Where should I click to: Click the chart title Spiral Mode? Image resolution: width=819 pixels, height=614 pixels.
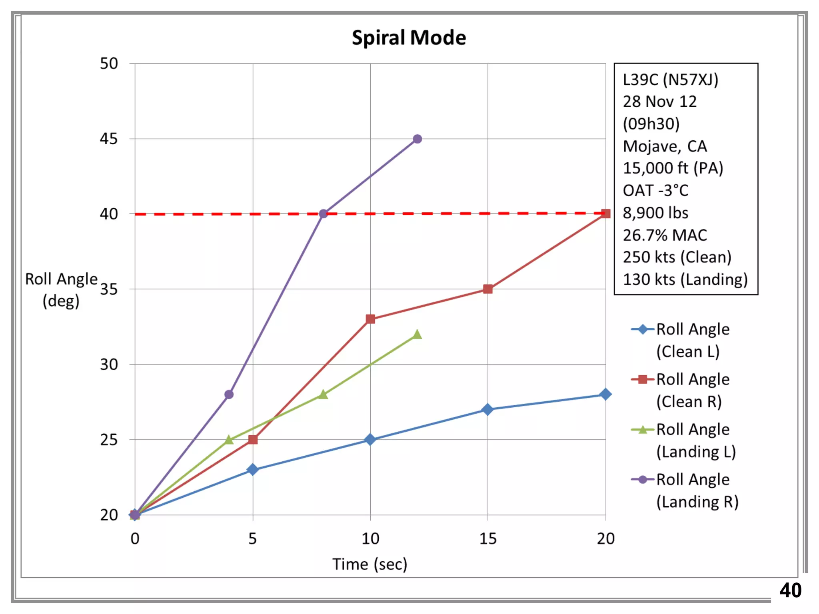(x=409, y=38)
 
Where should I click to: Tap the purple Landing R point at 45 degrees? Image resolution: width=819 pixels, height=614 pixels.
(x=417, y=139)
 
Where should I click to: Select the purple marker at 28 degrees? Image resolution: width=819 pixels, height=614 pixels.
(x=229, y=395)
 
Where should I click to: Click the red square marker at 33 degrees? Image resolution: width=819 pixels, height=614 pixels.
(x=370, y=319)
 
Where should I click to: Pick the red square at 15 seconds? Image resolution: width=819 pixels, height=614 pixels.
(x=487, y=289)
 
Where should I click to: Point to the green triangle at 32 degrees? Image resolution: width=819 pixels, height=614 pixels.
(x=417, y=335)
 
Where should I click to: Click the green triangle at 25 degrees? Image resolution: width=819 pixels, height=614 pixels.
(x=229, y=440)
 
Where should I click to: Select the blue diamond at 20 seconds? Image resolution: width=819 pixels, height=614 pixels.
(x=605, y=395)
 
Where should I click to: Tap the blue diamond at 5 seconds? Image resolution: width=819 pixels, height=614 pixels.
(x=252, y=469)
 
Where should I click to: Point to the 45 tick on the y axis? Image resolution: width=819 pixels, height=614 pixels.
(x=109, y=139)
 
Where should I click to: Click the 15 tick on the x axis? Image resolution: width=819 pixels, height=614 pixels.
(x=487, y=539)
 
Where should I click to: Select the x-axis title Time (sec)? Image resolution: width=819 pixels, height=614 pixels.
(x=370, y=564)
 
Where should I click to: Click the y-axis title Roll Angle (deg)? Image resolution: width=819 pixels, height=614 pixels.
(x=61, y=290)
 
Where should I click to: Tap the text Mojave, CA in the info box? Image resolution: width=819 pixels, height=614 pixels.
(x=665, y=146)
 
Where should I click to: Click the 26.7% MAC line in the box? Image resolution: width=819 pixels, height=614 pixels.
(x=665, y=235)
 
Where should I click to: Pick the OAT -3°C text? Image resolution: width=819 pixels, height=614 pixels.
(x=655, y=191)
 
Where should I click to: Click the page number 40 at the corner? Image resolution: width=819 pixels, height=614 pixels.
(x=790, y=590)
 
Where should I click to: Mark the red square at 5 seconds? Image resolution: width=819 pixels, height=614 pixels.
(x=252, y=440)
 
